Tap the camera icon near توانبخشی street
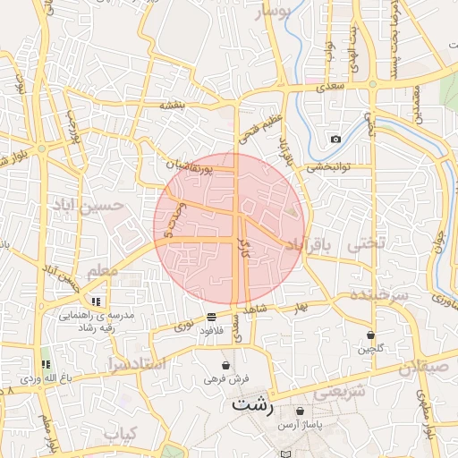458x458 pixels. [x=335, y=139]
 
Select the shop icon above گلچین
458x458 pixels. [x=369, y=335]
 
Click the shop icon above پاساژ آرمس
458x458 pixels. [x=300, y=411]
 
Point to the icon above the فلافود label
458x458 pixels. [x=211, y=317]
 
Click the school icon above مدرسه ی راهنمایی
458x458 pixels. [x=96, y=301]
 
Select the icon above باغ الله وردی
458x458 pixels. [x=45, y=364]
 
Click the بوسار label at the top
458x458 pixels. [x=273, y=12]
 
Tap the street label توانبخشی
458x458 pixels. [x=327, y=166]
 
